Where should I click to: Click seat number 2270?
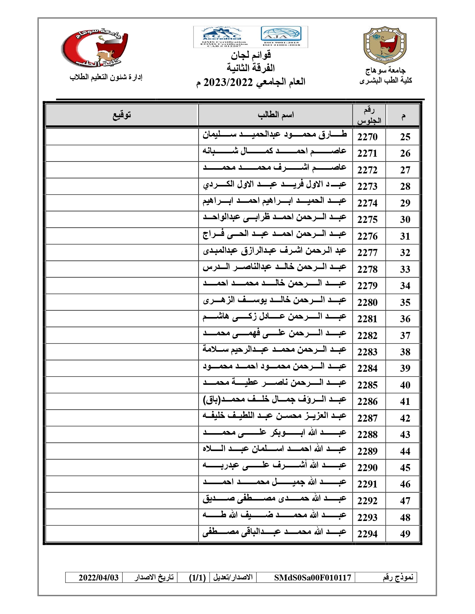[367, 137]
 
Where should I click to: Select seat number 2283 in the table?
[367, 352]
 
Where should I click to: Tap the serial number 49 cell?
[405, 534]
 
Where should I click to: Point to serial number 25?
[405, 137]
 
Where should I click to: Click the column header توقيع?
[122, 115]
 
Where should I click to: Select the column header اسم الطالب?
[276, 115]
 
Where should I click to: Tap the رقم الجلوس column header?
[369, 115]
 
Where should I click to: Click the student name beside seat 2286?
[275, 400]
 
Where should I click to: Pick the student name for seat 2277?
[275, 251]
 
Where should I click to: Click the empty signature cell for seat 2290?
[122, 467]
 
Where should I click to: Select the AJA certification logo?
[281, 35]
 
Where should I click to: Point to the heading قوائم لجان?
[251, 55]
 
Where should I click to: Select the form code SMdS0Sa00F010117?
[313, 578]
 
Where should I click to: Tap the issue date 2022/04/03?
[98, 578]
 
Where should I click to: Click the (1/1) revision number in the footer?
[197, 578]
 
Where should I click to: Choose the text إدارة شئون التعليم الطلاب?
[106, 77]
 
